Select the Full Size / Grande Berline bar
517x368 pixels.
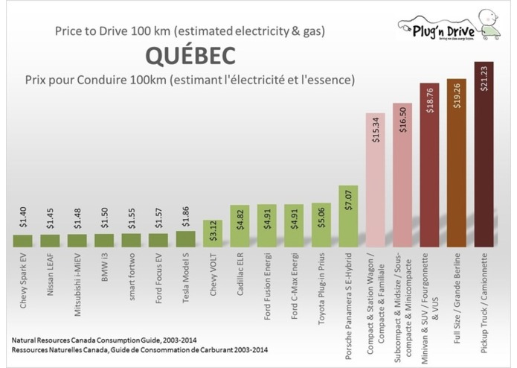point(456,163)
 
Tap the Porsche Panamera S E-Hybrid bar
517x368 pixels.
point(348,216)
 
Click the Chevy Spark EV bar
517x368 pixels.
point(23,241)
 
